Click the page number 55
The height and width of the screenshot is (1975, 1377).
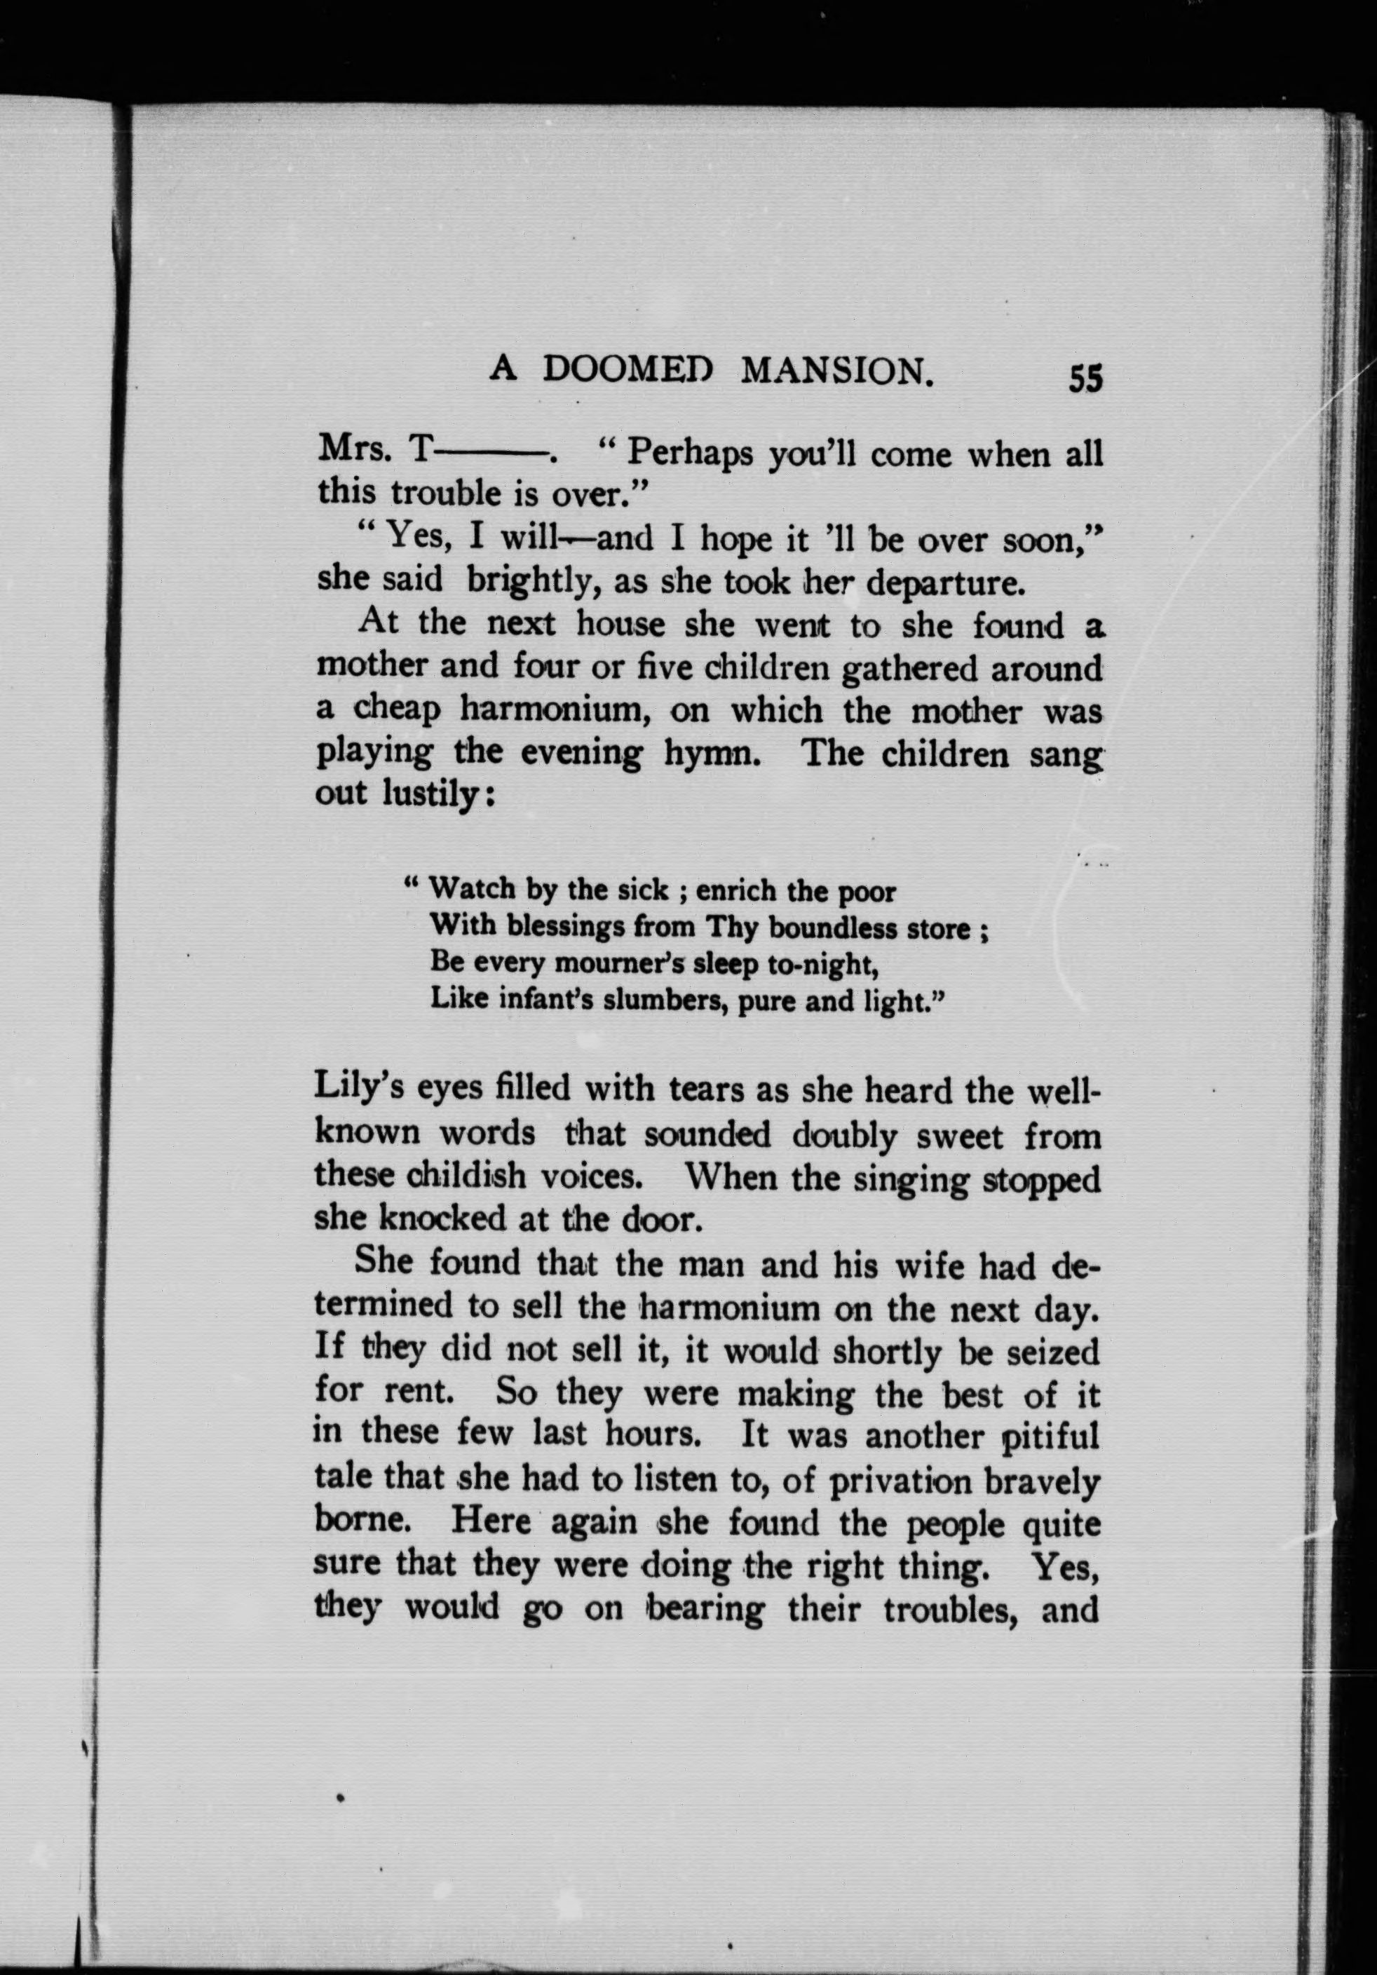click(1085, 379)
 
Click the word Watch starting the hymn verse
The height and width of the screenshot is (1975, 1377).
click(472, 888)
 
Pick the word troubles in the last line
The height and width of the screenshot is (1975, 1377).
click(945, 1610)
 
